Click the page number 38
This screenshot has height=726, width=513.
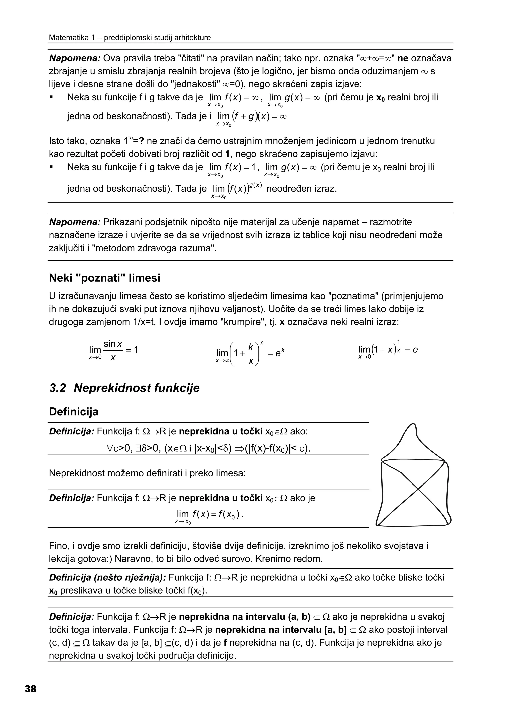(x=30, y=688)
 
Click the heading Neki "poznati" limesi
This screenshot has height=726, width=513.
(x=105, y=278)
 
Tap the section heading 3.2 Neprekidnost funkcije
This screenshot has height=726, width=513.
(x=124, y=388)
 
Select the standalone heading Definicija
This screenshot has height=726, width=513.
(x=74, y=412)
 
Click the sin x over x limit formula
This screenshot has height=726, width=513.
(x=113, y=351)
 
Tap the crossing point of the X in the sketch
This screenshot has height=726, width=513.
(x=418, y=490)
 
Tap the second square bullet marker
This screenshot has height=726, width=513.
(x=51, y=167)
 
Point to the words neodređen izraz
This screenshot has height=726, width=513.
(x=302, y=189)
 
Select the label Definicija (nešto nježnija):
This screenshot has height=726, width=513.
(x=107, y=578)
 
